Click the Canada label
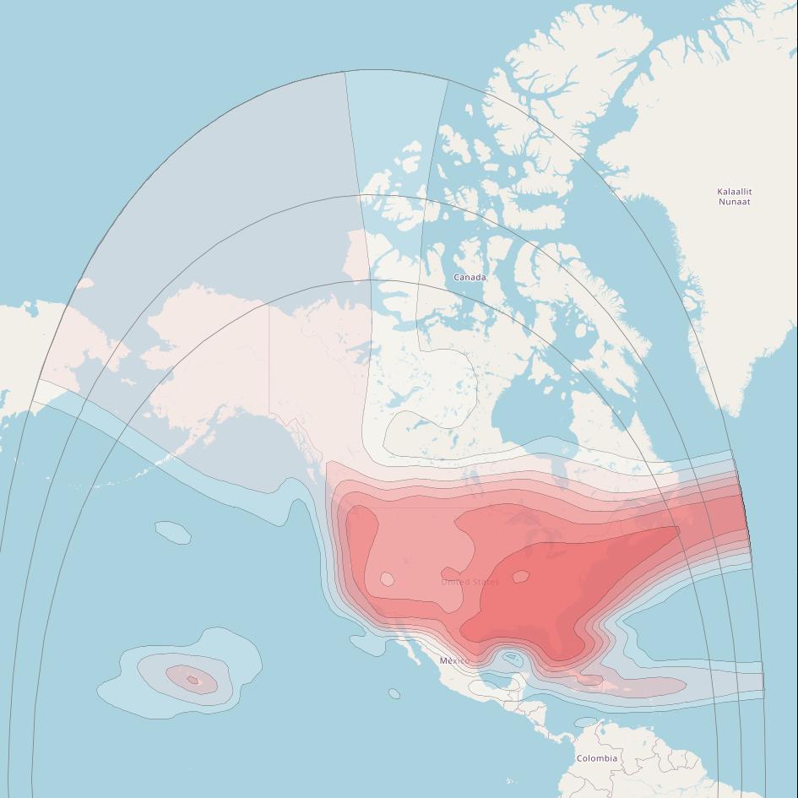[470, 277]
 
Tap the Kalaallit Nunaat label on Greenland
[734, 197]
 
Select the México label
[454, 660]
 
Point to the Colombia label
[596, 758]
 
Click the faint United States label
[470, 582]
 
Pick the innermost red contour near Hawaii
[193, 679]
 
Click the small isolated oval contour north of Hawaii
[172, 532]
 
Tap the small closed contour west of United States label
[387, 578]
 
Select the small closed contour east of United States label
[520, 577]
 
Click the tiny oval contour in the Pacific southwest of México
[394, 694]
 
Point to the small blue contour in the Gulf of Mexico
[510, 658]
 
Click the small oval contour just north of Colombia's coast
[585, 722]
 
